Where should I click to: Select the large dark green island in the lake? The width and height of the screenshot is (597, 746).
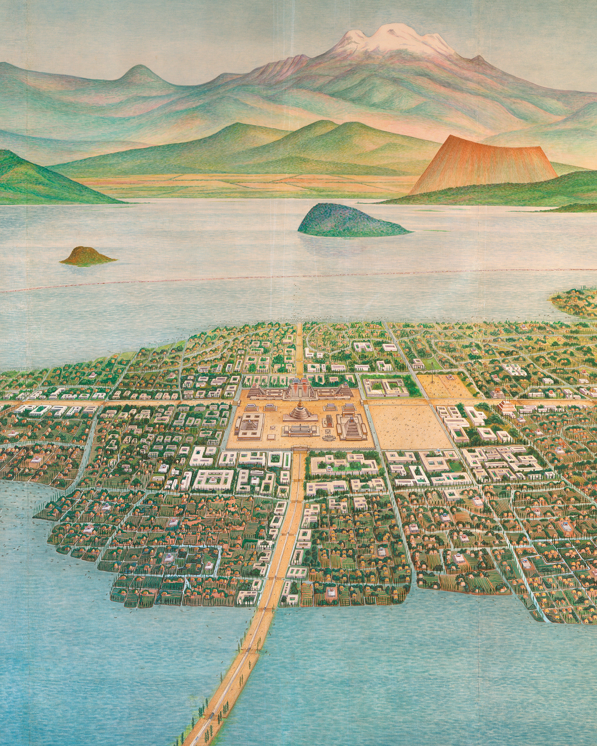pyautogui.click(x=351, y=220)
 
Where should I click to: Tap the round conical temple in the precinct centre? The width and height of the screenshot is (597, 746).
pyautogui.click(x=300, y=411)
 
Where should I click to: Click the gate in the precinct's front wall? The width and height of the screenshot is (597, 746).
pyautogui.click(x=300, y=449)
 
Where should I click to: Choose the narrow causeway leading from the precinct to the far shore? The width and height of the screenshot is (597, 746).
pyautogui.click(x=300, y=343)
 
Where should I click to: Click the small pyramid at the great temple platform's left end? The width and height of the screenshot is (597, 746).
pyautogui.click(x=256, y=391)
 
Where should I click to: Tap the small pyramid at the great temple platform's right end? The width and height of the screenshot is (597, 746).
pyautogui.click(x=344, y=391)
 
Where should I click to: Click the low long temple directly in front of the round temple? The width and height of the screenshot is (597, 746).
pyautogui.click(x=300, y=431)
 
